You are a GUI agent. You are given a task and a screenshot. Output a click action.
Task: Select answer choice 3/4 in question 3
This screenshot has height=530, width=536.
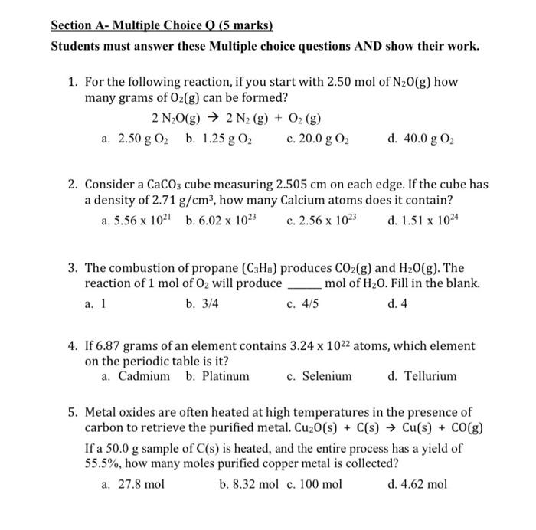(x=202, y=303)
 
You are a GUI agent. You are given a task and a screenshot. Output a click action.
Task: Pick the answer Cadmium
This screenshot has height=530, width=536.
(x=136, y=376)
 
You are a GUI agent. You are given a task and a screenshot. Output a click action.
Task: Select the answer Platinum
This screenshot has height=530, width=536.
(x=217, y=376)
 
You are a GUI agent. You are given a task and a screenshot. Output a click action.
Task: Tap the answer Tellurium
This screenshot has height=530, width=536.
(x=422, y=376)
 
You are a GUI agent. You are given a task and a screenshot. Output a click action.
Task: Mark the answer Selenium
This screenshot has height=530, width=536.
(x=319, y=376)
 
